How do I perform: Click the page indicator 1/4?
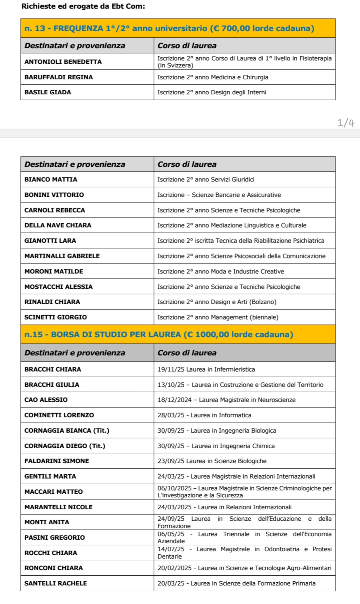(346, 123)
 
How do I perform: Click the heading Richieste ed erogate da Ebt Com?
(83, 6)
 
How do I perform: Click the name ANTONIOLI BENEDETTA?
(63, 62)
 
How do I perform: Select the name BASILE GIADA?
(48, 92)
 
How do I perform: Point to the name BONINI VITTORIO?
(54, 195)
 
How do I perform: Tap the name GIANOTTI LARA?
(50, 240)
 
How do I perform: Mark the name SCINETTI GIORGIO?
(56, 317)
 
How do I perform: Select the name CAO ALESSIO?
(46, 400)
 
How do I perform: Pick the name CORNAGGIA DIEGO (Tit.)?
(65, 446)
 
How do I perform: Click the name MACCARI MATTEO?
(54, 491)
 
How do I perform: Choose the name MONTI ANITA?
(47, 522)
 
